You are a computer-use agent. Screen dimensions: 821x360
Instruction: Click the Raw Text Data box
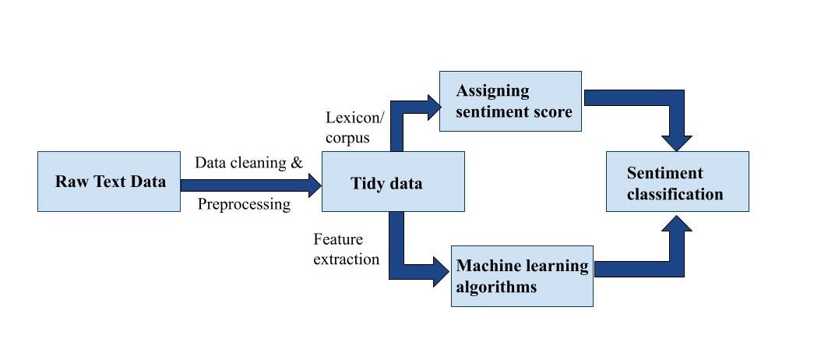pos(109,182)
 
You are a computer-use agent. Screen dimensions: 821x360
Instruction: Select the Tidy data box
pos(393,182)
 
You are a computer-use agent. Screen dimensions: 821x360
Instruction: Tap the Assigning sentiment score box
pos(510,101)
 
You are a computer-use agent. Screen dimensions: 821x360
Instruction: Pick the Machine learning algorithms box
pos(522,276)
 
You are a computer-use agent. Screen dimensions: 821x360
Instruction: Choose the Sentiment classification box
pos(678,182)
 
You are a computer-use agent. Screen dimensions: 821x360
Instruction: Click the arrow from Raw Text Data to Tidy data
pos(251,185)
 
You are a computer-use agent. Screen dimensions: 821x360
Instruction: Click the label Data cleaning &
pos(248,162)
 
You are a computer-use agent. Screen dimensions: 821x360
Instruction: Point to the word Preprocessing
pos(244,204)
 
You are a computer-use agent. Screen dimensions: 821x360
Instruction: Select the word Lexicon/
pos(354,118)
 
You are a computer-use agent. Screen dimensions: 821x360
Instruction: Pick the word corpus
pos(347,138)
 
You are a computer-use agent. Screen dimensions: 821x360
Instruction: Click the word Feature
pos(338,239)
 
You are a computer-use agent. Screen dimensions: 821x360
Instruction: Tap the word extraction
pos(346,259)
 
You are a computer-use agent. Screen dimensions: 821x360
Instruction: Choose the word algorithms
pos(496,287)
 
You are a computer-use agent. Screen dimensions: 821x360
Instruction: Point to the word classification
pos(675,194)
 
